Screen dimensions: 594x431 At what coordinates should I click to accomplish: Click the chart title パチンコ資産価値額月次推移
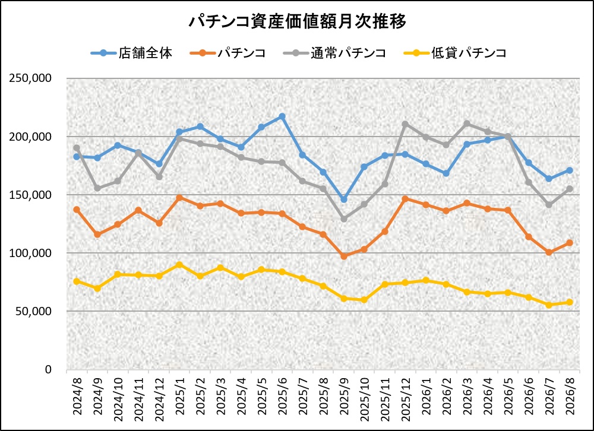[297, 21]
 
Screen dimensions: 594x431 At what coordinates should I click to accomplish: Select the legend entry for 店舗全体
[132, 53]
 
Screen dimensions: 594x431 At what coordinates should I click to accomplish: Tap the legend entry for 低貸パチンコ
[454, 53]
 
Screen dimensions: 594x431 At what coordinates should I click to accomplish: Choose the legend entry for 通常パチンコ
[334, 53]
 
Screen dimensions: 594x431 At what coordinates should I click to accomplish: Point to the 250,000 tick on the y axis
[30, 78]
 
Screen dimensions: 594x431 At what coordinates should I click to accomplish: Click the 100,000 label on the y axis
[30, 253]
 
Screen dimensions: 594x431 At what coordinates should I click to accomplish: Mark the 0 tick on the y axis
[48, 369]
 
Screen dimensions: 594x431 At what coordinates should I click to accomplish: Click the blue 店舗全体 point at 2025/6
[282, 116]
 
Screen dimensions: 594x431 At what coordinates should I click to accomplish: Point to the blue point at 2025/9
[343, 199]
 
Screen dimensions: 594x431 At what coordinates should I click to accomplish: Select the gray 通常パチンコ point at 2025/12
[405, 124]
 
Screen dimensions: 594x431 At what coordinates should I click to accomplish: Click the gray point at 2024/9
[97, 188]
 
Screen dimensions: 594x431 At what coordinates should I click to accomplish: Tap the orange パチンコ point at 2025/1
[179, 198]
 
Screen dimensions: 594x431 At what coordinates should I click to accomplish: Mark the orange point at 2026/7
[549, 252]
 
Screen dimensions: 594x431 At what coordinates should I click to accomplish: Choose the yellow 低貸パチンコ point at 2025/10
[364, 300]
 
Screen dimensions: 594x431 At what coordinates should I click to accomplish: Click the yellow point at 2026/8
[570, 302]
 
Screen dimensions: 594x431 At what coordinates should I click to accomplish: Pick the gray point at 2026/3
[467, 123]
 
